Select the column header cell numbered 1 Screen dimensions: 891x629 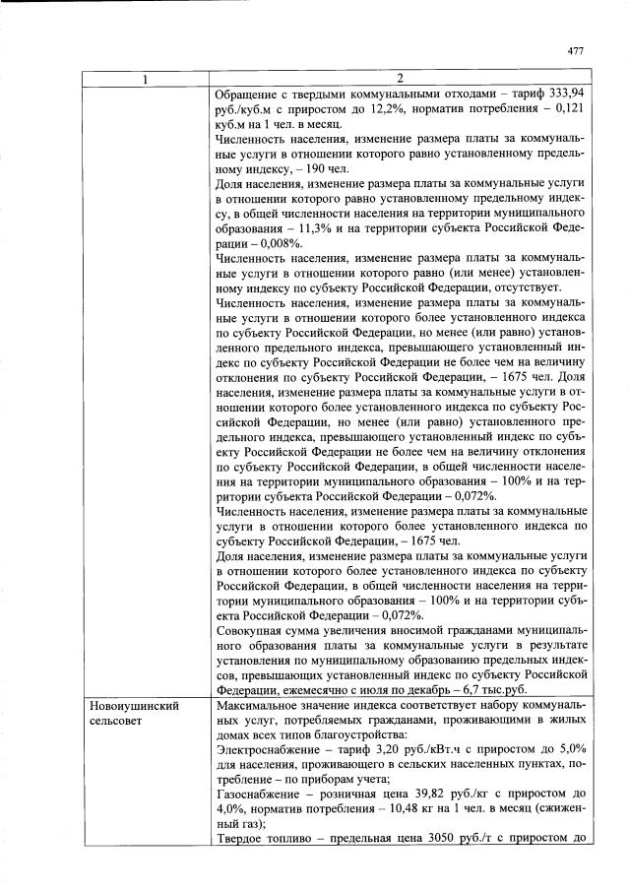point(145,78)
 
